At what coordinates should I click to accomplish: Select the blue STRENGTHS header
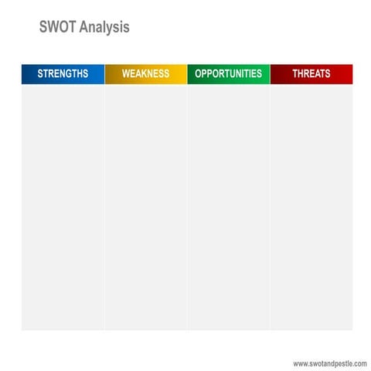click(63, 74)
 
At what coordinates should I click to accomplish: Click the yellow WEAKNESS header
click(145, 74)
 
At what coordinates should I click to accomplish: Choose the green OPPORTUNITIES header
click(228, 74)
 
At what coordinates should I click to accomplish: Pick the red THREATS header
click(311, 74)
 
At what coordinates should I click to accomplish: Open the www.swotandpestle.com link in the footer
click(329, 363)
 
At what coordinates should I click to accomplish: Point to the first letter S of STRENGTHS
click(40, 74)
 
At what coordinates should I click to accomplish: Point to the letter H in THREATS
click(301, 74)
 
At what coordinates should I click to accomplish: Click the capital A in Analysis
click(83, 28)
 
